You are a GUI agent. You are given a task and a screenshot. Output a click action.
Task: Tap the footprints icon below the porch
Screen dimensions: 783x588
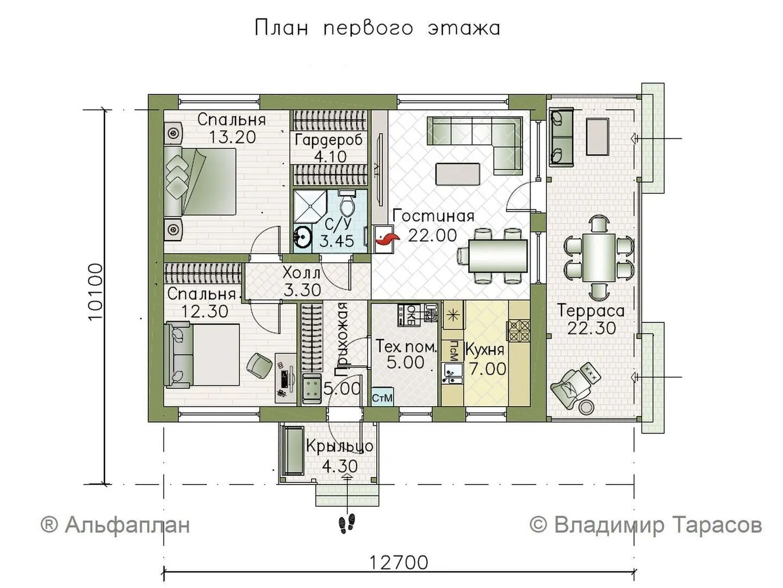[x=346, y=523]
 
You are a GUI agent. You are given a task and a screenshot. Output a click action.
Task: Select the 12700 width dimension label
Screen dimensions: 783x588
[x=399, y=562]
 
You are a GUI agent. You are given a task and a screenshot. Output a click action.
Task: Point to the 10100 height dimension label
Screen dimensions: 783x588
[x=96, y=292]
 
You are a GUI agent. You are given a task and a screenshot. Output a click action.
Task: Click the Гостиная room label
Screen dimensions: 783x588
[x=433, y=216]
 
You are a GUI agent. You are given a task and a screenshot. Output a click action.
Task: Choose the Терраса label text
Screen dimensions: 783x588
[x=591, y=310]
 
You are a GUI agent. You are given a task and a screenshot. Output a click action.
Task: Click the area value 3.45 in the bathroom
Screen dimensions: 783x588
[x=337, y=241]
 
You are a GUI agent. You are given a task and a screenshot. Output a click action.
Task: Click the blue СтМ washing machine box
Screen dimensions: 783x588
[x=382, y=397]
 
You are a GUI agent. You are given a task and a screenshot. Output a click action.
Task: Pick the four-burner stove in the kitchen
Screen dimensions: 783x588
[x=519, y=331]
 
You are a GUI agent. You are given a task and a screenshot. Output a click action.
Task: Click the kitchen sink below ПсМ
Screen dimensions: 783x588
[x=452, y=373]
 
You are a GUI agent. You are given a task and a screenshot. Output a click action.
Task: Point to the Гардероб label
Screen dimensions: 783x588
[x=328, y=140]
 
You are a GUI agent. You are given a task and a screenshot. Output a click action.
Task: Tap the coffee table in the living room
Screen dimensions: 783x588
[x=458, y=174]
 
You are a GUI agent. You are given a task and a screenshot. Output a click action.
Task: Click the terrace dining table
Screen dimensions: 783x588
[x=599, y=256]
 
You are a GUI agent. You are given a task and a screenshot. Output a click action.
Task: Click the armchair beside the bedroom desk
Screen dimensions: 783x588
[x=259, y=365]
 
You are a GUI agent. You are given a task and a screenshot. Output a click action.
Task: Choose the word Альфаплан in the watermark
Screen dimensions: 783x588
[x=127, y=525]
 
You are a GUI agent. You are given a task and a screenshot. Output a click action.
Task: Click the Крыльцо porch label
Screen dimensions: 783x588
[x=340, y=446]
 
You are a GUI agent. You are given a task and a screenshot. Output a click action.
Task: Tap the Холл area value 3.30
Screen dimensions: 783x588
[x=302, y=290]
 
